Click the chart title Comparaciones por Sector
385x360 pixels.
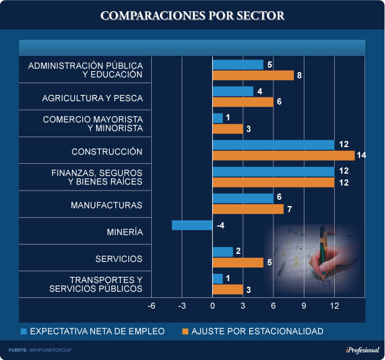pyautogui.click(x=192, y=16)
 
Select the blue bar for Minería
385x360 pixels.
pyautogui.click(x=192, y=225)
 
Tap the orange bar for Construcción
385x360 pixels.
pyautogui.click(x=283, y=155)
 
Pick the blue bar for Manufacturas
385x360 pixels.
pyautogui.click(x=243, y=198)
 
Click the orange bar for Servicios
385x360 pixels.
pyautogui.click(x=238, y=263)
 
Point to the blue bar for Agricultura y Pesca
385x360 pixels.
pyautogui.click(x=233, y=91)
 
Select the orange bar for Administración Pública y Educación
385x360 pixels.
pyautogui.click(x=253, y=75)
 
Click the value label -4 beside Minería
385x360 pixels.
pyautogui.click(x=220, y=225)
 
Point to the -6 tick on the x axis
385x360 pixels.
pyautogui.click(x=151, y=305)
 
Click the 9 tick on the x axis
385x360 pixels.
pyautogui.click(x=304, y=305)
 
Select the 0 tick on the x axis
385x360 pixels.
pyautogui.click(x=213, y=305)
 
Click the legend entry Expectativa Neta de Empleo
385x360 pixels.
pyautogui.click(x=97, y=331)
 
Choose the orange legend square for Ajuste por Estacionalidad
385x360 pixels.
pyautogui.click(x=185, y=331)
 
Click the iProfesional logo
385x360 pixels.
pyautogui.click(x=362, y=350)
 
